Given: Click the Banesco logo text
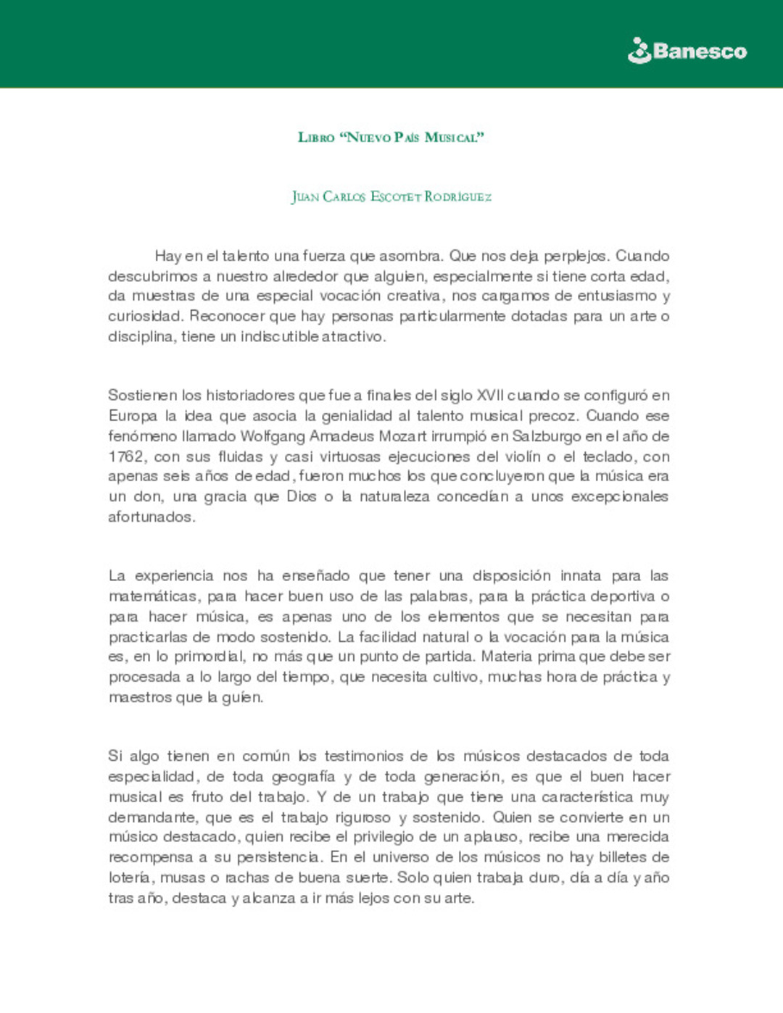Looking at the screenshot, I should click(x=700, y=51).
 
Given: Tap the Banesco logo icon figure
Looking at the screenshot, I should click(x=639, y=51).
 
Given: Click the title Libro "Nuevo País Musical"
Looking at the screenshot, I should click(x=391, y=137).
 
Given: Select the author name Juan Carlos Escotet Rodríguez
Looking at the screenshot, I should click(x=391, y=196).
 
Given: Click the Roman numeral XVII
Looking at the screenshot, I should click(x=491, y=396).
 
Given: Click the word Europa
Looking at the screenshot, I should click(x=133, y=416).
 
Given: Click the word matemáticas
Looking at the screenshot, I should click(x=154, y=596).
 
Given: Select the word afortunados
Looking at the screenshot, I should click(x=151, y=517).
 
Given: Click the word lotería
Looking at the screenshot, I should click(x=130, y=878).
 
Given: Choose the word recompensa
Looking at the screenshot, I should click(x=152, y=857).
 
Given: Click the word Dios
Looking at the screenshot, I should click(x=302, y=497).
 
